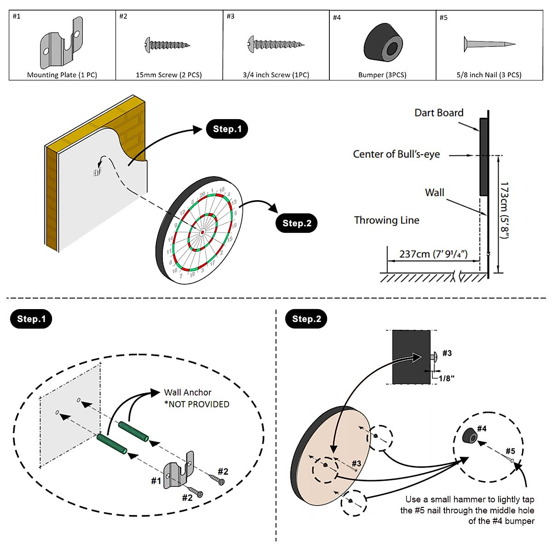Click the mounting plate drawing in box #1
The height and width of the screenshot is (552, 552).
[x=61, y=43]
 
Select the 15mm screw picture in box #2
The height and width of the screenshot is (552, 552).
[x=167, y=45]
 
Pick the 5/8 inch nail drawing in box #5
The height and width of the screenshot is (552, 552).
[x=489, y=44]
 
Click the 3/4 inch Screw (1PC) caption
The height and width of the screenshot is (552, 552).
[x=276, y=75]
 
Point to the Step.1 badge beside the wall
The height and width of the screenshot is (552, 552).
[x=227, y=129]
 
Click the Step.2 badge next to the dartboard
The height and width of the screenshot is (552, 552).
[x=297, y=223]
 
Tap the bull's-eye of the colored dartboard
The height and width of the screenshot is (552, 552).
[x=202, y=233]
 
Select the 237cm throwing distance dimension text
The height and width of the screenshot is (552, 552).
[x=433, y=254]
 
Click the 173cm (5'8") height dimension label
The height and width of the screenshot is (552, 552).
[x=505, y=210]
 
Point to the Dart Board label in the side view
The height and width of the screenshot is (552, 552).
[x=439, y=113]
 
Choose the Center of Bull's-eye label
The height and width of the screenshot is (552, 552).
[x=396, y=154]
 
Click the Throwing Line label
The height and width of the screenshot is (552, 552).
[x=386, y=220]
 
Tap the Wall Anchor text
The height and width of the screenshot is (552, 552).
[x=188, y=392]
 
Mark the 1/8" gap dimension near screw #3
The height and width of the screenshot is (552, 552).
[x=446, y=378]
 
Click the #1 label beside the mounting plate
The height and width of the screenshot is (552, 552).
[x=156, y=481]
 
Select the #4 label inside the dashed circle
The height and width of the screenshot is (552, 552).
[x=482, y=428]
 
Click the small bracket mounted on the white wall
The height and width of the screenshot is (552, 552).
[x=97, y=172]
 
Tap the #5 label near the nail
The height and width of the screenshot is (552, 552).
[x=510, y=451]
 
